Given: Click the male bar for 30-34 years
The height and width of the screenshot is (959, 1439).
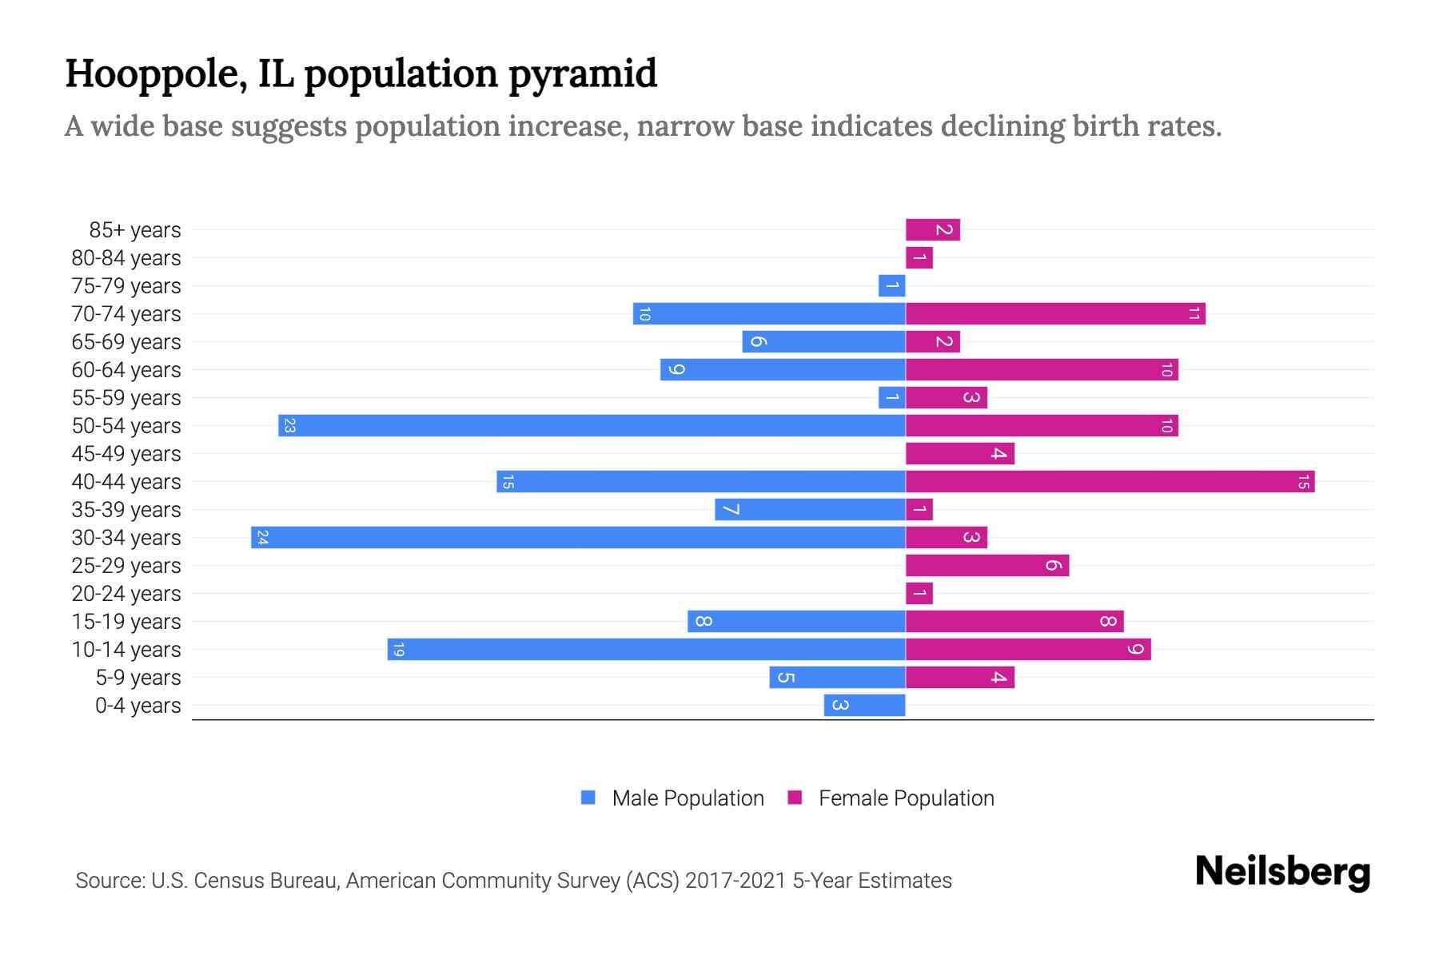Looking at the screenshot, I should pos(578,538).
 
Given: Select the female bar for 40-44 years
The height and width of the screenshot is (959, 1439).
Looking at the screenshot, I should pos(1110,482).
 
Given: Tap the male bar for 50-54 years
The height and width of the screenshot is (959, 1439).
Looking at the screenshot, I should pos(592,426).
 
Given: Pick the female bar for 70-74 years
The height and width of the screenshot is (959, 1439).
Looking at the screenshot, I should pos(1055,314).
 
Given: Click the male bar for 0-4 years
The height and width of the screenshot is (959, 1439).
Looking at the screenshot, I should pos(864,706).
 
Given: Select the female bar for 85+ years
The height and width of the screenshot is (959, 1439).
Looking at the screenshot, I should pos(932,230).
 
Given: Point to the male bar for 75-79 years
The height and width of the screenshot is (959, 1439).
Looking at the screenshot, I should pos(891,286).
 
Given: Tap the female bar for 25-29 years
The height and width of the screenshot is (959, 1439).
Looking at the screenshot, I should pos(987,566).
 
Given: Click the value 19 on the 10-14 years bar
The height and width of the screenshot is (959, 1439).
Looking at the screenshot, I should pos(398,650).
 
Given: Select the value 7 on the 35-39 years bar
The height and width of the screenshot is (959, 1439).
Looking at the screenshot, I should pos(730,510).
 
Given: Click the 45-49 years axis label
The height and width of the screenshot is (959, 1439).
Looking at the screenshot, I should pos(126,454).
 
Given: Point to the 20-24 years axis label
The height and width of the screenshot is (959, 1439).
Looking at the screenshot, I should pos(126,594).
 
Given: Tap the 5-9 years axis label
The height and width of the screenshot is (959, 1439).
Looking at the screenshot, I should pos(138,678).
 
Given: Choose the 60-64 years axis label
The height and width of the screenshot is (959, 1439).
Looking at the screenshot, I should pos(126,370).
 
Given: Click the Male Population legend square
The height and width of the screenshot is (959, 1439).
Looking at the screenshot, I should pos(588,798).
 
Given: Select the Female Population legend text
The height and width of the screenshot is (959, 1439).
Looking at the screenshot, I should pos(906,798).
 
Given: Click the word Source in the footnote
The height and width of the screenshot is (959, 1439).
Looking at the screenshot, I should pos(109,881).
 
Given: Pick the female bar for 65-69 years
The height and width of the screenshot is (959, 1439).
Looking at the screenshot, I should pos(932,342).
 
